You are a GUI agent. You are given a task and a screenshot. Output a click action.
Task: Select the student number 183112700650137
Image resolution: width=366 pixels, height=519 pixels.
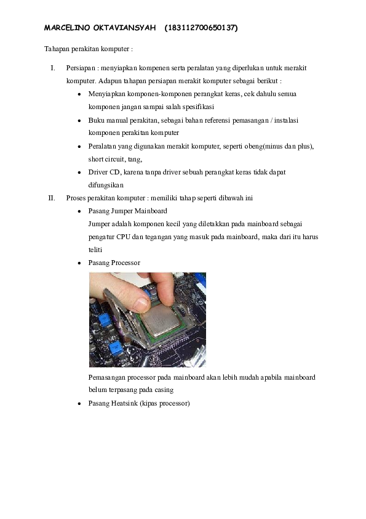click(201, 28)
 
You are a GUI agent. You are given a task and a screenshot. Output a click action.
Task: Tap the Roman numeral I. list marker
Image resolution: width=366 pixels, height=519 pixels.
click(53, 68)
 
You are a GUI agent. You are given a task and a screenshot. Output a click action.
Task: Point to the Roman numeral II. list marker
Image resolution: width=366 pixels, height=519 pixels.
click(52, 198)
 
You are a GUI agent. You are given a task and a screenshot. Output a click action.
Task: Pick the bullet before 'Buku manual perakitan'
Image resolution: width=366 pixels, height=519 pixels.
click(80, 121)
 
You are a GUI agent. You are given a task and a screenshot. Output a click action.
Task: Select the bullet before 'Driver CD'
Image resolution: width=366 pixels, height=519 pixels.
click(80, 173)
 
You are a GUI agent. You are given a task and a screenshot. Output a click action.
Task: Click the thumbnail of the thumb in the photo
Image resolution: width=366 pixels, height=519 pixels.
click(140, 303)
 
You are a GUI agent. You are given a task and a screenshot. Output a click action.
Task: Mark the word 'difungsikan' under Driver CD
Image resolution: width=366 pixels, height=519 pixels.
click(106, 185)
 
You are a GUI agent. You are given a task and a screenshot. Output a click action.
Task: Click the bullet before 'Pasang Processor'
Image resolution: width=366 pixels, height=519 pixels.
click(80, 263)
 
